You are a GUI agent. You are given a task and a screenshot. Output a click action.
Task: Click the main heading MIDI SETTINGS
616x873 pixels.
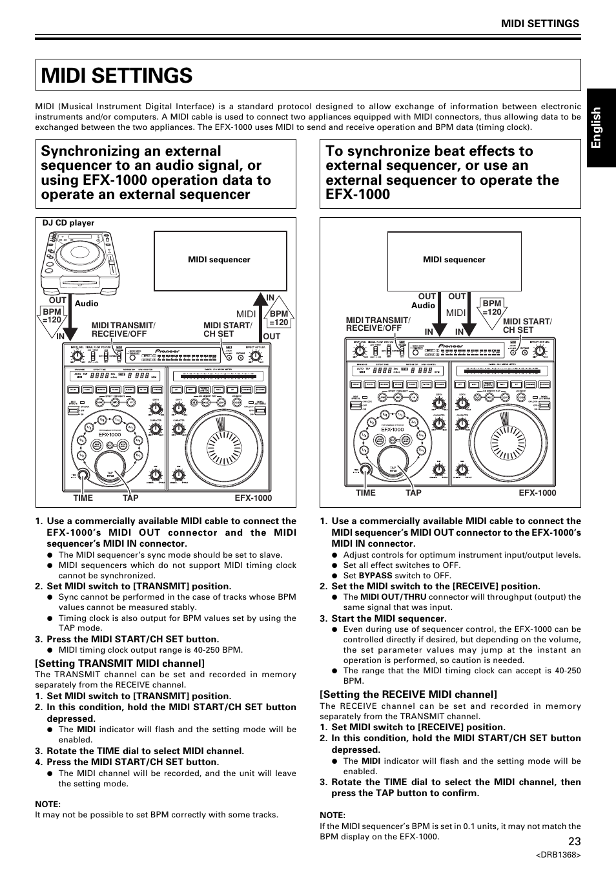[x=117, y=76]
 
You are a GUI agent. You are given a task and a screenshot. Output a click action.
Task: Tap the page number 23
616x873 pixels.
[x=575, y=841]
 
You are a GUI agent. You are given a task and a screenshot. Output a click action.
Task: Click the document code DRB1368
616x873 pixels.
[x=558, y=855]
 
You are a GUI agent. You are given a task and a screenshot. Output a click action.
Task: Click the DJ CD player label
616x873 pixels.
[x=68, y=223]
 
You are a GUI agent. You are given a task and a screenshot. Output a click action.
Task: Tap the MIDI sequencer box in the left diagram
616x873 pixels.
[x=220, y=260]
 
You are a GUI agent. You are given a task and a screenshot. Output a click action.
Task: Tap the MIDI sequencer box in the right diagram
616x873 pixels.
[x=454, y=260]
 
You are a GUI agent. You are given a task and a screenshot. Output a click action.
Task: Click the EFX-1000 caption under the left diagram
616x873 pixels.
[x=253, y=498]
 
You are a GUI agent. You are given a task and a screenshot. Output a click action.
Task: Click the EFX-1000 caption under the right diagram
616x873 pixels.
[x=537, y=493]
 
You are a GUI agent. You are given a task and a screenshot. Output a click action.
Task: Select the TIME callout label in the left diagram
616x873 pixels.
[x=83, y=498]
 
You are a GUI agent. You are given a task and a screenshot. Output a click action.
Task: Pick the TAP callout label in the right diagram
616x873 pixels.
[x=413, y=493]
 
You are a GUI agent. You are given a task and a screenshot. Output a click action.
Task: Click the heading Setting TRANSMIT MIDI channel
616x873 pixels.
[x=120, y=663]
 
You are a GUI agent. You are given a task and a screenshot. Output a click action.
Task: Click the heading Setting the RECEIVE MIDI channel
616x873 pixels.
[x=408, y=695]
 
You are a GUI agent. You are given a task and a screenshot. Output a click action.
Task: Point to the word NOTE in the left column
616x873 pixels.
[x=46, y=804]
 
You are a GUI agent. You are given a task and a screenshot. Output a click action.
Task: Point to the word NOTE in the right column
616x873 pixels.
[x=331, y=815]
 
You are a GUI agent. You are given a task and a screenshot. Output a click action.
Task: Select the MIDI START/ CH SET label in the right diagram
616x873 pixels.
[x=527, y=326]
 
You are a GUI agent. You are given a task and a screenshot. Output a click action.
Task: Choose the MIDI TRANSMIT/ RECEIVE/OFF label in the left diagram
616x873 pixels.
[x=123, y=330]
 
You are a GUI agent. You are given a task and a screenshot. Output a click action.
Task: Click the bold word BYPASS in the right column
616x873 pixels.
[x=375, y=576]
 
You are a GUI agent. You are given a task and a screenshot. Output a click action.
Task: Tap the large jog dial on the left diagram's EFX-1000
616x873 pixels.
[x=225, y=446]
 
